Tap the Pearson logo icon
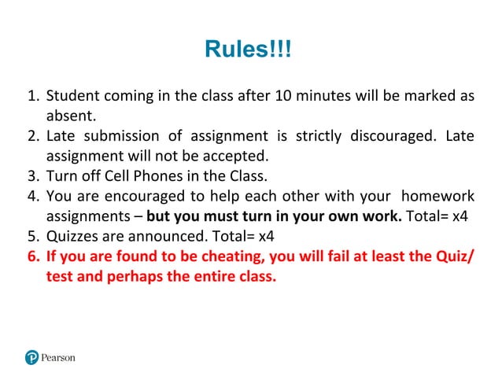(31, 357)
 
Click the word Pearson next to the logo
(58, 357)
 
